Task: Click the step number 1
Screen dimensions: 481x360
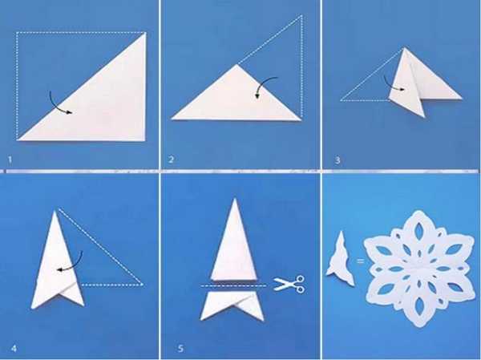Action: pos(10,160)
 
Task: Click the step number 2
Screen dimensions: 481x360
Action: pos(171,160)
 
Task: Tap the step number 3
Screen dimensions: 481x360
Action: pos(338,160)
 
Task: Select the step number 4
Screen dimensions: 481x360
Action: pos(14,348)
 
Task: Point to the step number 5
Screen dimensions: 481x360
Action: pos(180,348)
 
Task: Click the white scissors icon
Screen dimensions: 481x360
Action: pos(289,283)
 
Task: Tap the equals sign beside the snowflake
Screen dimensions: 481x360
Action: pos(360,261)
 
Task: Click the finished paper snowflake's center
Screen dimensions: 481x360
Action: pos(418,268)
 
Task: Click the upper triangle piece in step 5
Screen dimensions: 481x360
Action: pos(234,245)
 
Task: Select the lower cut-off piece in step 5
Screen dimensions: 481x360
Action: pos(232,305)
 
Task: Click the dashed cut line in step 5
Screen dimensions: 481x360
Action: pos(233,285)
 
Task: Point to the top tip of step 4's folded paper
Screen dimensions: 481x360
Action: pos(55,211)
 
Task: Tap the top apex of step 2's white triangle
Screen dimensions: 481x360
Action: pos(236,64)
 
